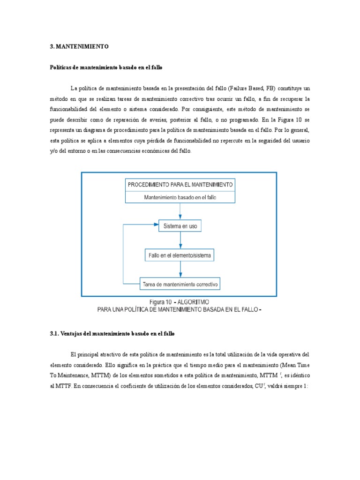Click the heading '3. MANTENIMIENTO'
pyautogui.click(x=79, y=47)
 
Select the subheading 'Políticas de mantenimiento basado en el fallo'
pyautogui.click(x=106, y=67)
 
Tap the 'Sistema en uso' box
pyautogui.click(x=180, y=226)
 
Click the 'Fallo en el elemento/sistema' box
pyautogui.click(x=180, y=255)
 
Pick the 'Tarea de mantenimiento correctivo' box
pyautogui.click(x=180, y=284)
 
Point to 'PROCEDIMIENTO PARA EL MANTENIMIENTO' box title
pyautogui.click(x=180, y=185)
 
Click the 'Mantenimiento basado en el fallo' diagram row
pyautogui.click(x=180, y=197)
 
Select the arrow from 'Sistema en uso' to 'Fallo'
pyautogui.click(x=180, y=240)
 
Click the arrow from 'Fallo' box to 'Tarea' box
pyautogui.click(x=180, y=270)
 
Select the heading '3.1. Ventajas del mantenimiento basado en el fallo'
pyautogui.click(x=112, y=333)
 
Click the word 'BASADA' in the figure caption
pyautogui.click(x=208, y=309)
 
